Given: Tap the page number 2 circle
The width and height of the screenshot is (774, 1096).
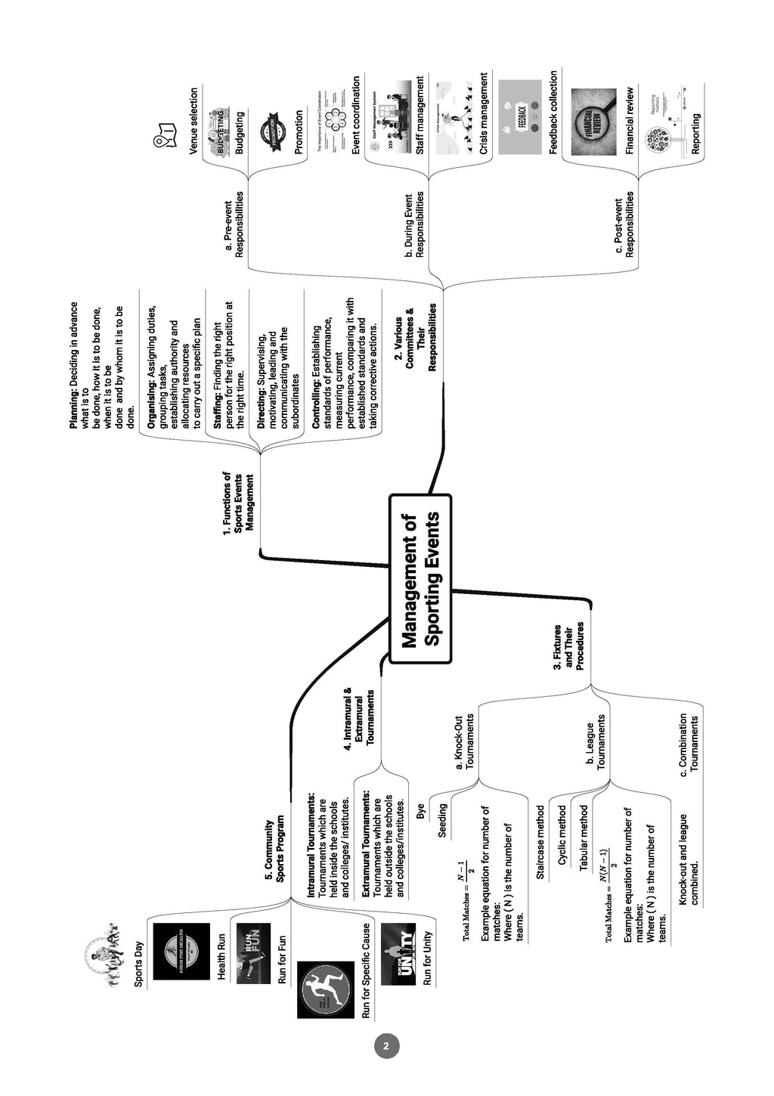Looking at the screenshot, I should tap(386, 1046).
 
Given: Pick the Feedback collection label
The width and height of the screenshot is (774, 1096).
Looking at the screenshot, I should tap(553, 113).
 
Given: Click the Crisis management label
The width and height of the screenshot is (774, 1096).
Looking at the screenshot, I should tap(484, 113).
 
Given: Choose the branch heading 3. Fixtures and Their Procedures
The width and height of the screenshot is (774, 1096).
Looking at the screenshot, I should tap(568, 646).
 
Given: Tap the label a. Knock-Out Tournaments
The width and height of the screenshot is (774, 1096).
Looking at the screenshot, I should tap(464, 742).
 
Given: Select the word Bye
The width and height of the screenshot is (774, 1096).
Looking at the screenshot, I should tap(420, 811).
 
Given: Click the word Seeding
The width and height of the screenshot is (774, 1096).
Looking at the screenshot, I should tap(443, 820).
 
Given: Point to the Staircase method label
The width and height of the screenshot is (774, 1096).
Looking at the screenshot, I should tap(540, 842).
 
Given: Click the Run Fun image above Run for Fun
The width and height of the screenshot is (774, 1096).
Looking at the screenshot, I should tap(253, 953).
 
